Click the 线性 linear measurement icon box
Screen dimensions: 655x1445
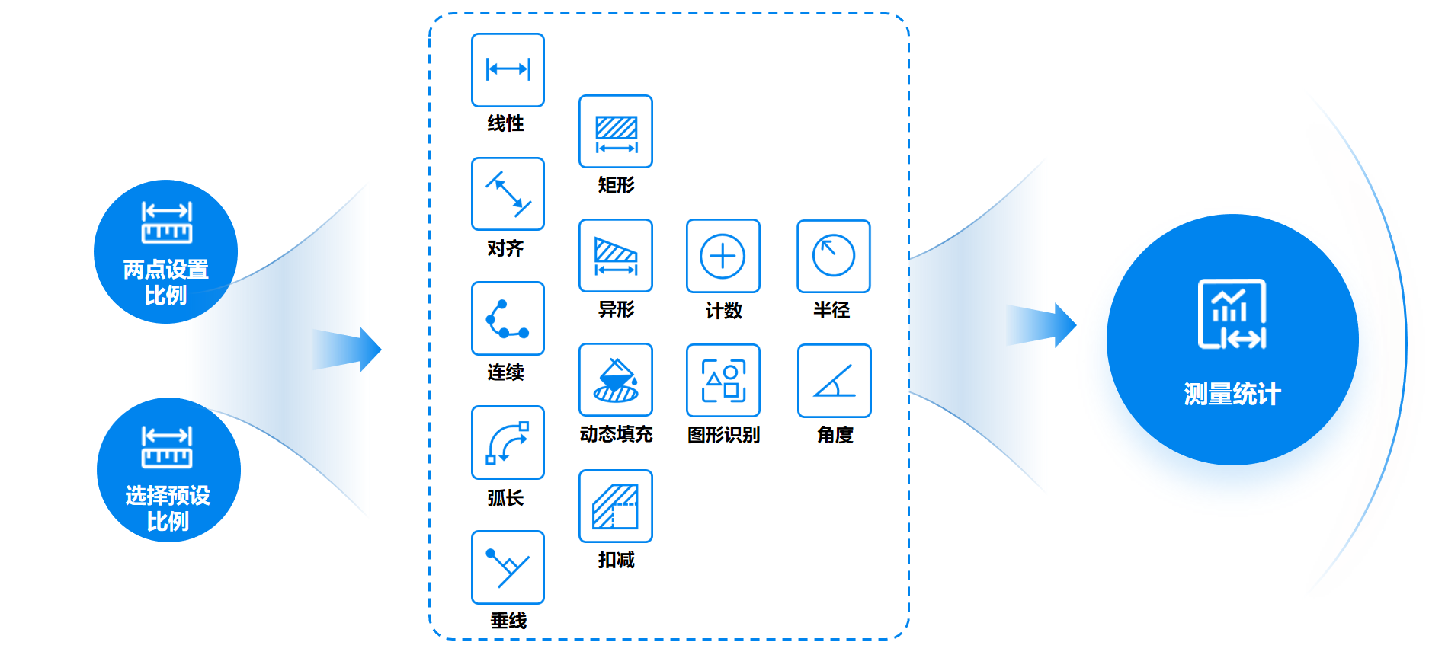point(508,70)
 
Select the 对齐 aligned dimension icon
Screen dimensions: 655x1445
point(508,194)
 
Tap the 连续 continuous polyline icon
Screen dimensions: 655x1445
point(508,318)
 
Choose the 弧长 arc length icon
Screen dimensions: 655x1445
point(508,443)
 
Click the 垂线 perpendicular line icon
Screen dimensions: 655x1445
point(508,567)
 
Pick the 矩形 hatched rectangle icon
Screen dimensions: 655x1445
point(616,132)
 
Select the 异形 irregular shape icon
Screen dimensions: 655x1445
point(616,256)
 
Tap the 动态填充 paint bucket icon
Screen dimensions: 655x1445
point(616,380)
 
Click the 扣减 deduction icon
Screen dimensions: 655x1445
point(616,506)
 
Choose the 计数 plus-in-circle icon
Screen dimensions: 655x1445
point(722,256)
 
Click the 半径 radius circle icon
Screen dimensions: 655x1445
point(833,256)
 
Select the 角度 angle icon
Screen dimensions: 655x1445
point(834,381)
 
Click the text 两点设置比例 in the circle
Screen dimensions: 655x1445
point(166,282)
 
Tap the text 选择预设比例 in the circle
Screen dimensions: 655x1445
point(168,508)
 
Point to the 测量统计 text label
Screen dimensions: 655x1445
point(1232,395)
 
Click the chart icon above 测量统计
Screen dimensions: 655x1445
point(1232,314)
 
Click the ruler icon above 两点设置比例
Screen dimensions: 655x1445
point(167,222)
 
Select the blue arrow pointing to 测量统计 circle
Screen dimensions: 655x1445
point(1041,325)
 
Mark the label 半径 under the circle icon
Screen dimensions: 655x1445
point(831,310)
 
